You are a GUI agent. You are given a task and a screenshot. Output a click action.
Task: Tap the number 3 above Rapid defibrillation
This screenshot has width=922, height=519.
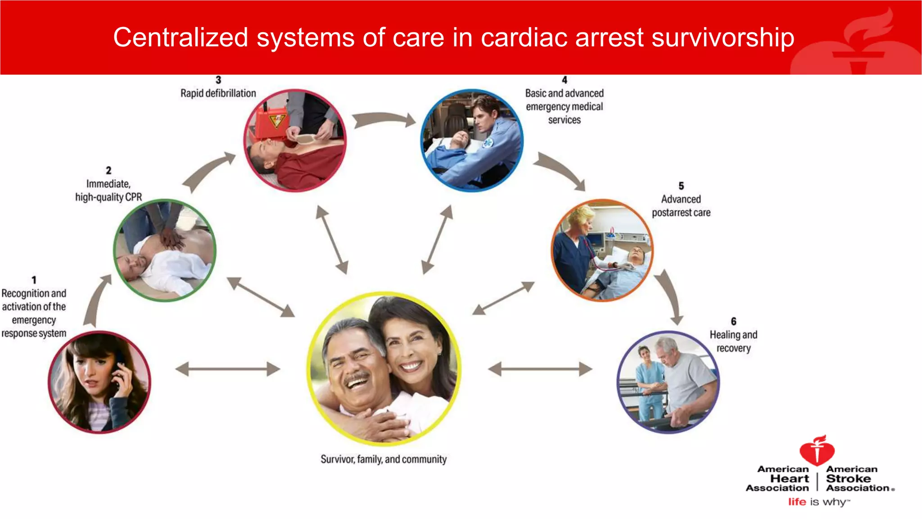point(218,80)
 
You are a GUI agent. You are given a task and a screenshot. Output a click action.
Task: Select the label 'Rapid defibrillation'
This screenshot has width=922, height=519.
point(218,93)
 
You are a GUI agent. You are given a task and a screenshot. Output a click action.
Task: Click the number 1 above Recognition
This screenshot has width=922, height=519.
point(34,280)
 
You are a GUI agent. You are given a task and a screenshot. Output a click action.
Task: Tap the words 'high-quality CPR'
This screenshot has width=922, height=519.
point(108,197)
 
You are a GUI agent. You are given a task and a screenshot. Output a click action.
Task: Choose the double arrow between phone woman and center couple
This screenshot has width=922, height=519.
point(227,369)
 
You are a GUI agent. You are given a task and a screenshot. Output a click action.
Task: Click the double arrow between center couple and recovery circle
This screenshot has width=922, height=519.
point(540,369)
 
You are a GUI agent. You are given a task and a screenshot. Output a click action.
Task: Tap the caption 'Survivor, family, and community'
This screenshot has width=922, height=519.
point(384,459)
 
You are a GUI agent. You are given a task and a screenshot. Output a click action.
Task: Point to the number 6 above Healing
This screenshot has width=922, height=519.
point(733,321)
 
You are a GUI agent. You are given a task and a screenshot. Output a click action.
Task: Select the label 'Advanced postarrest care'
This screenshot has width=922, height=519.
point(681,206)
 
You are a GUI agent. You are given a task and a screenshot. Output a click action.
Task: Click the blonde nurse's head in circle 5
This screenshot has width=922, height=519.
point(581,219)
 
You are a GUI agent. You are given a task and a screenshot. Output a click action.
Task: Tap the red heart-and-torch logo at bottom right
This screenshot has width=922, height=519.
point(817,451)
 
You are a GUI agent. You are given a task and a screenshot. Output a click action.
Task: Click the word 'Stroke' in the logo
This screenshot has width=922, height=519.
point(848,478)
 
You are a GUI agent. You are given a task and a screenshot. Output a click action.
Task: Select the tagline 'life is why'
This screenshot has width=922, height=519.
point(818,502)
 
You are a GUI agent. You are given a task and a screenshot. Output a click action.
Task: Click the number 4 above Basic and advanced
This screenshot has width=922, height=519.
point(564,80)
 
